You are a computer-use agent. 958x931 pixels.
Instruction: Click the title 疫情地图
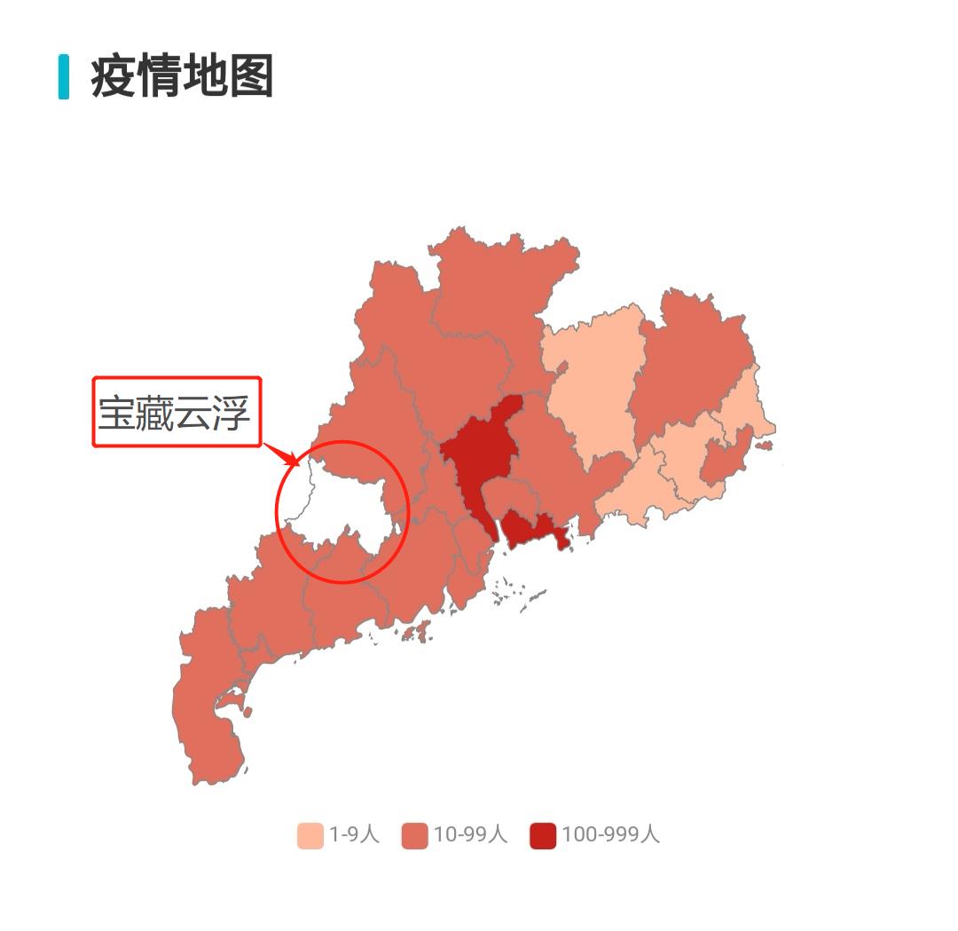[182, 77]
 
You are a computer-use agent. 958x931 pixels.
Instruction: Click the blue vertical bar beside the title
[64, 77]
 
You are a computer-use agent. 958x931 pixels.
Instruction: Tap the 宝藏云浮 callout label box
[177, 413]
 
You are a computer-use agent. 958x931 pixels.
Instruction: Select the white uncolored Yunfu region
[342, 506]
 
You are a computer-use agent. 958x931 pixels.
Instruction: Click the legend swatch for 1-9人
[310, 835]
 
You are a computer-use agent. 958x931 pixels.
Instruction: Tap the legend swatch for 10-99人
[414, 835]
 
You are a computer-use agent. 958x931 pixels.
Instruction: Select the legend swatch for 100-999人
[543, 835]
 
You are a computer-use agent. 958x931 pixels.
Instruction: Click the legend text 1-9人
[354, 835]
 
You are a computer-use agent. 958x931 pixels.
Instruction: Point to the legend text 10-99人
[470, 835]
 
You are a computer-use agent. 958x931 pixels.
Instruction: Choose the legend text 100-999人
[610, 835]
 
